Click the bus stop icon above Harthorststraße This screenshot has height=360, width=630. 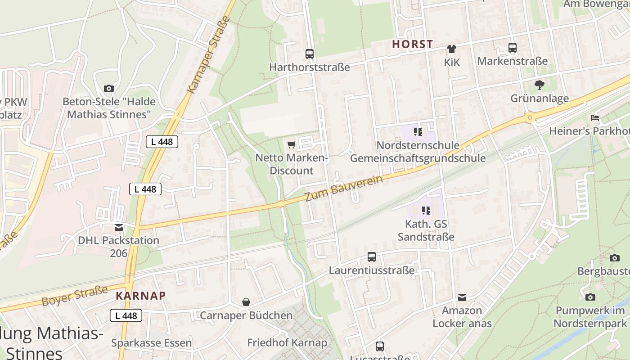(x=310, y=54)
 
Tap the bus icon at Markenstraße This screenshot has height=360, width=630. (x=512, y=48)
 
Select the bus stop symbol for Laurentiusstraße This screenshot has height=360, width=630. (x=372, y=257)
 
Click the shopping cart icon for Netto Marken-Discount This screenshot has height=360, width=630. (x=291, y=144)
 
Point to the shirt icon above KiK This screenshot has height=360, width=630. (x=452, y=49)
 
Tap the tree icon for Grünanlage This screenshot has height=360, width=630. (x=539, y=85)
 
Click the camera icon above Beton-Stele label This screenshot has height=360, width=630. (x=108, y=88)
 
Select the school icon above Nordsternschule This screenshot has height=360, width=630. (x=418, y=132)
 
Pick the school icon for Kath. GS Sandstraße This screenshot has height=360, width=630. (x=426, y=210)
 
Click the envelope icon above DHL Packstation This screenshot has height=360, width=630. (x=119, y=228)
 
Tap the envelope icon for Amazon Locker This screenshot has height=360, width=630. (x=462, y=297)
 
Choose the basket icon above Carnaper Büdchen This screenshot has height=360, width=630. (x=246, y=302)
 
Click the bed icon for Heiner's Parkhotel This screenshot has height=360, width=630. (x=595, y=118)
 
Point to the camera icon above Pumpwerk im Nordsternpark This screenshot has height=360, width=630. (x=590, y=297)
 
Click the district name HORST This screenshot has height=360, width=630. (x=412, y=44)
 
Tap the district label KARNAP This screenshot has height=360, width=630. (x=141, y=296)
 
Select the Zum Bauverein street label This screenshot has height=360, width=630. (x=344, y=188)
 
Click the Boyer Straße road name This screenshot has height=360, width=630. (x=75, y=296)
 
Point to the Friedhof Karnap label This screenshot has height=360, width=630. (x=287, y=342)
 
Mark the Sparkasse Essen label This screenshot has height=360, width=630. (x=151, y=343)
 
